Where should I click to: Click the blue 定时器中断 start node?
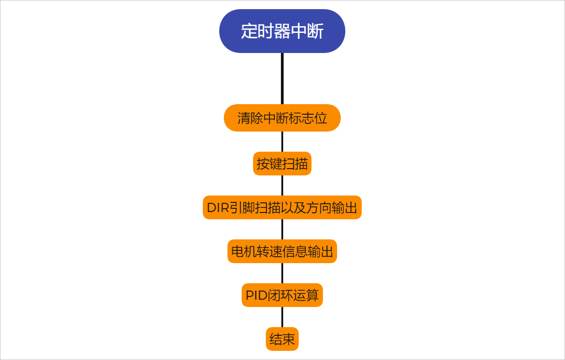tap(282, 31)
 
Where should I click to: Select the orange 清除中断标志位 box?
tap(282, 118)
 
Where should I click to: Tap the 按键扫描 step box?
tap(282, 164)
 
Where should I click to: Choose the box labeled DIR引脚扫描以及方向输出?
tap(282, 207)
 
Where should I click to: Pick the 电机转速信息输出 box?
tap(282, 251)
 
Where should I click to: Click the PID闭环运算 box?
tap(282, 295)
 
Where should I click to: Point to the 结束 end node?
tap(282, 339)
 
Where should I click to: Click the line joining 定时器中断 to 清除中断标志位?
tap(282, 79)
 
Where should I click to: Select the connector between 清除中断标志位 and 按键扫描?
tap(282, 142)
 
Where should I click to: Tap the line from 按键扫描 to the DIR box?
tap(282, 185)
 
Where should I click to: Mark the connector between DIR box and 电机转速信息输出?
tap(282, 229)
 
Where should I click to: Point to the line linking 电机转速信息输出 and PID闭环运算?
tap(282, 273)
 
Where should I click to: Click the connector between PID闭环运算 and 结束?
tap(282, 317)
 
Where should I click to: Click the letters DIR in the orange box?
tap(217, 208)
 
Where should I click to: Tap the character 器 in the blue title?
tap(282, 32)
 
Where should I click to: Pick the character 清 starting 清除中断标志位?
tap(243, 118)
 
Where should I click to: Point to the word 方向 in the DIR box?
tap(319, 208)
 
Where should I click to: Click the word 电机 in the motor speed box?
tap(243, 252)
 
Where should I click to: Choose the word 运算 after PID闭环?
tap(306, 296)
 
